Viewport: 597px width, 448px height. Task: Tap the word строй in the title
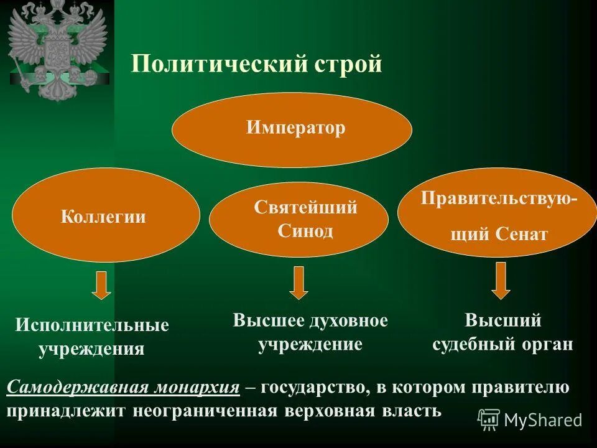coord(349,64)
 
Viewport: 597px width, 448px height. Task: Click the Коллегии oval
coord(104,217)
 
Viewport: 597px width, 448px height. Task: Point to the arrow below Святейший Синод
coord(299,282)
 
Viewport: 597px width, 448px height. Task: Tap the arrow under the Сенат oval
coord(500,281)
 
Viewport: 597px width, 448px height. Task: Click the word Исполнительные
coord(92,325)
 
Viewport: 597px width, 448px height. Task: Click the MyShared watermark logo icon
coord(489,420)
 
